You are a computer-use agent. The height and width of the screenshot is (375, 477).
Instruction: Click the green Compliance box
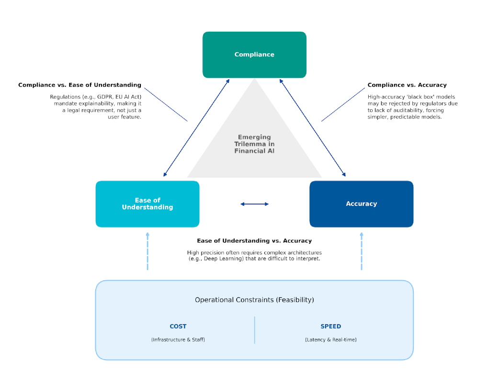pos(254,55)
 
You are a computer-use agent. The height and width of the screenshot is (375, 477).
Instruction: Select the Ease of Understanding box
pos(148,204)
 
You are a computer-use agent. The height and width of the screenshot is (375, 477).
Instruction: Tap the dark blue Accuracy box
pos(361,204)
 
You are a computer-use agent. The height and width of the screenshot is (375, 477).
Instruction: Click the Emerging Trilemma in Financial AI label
pos(254,144)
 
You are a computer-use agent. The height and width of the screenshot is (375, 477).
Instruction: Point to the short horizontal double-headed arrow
pos(254,204)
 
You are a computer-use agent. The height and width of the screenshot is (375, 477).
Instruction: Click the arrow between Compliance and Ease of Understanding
pos(196,128)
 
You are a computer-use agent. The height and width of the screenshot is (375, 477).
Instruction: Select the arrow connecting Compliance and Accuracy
pos(312,128)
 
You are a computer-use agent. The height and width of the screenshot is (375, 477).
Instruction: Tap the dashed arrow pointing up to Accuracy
pos(361,251)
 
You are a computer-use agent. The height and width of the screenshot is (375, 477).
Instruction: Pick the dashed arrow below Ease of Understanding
pos(148,251)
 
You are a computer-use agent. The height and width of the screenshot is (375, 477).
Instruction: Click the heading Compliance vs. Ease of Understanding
pos(79,85)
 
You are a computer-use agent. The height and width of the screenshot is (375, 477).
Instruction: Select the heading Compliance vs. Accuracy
pos(407,85)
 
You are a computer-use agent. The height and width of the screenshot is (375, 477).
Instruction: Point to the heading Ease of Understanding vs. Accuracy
pos(254,240)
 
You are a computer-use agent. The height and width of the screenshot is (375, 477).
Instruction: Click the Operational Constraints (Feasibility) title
pos(254,300)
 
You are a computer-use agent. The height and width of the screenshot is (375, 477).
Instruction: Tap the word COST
pos(178,327)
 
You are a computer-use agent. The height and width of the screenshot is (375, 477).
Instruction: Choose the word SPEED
pos(330,327)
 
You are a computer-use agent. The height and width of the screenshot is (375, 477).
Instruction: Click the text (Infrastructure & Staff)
pos(178,340)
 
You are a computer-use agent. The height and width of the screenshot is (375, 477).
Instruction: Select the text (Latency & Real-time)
pos(330,340)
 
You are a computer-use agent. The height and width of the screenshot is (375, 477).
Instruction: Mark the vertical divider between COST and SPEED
pos(254,330)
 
